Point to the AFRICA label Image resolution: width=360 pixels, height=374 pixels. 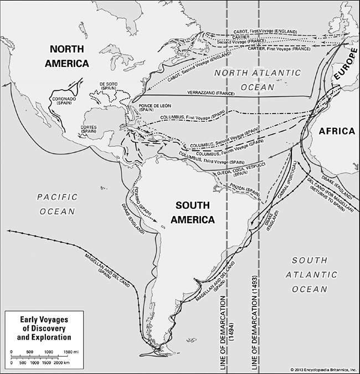[336, 131]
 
